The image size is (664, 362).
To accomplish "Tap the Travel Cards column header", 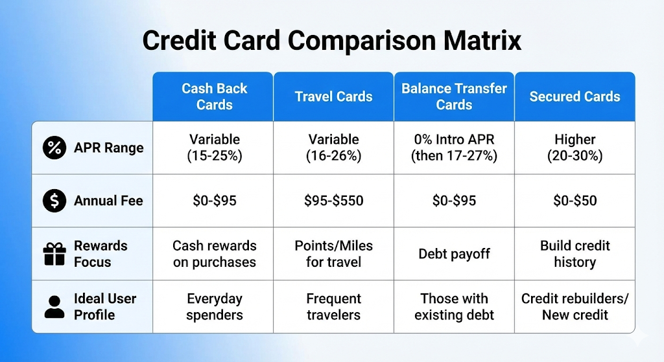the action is (x=334, y=96).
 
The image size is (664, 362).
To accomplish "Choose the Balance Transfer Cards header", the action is (x=454, y=96).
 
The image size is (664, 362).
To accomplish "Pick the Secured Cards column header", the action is (x=575, y=96).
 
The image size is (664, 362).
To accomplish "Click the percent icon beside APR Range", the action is (x=54, y=148).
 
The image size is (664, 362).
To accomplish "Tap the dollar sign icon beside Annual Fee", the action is (x=54, y=201).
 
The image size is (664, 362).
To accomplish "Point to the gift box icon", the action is (x=54, y=254).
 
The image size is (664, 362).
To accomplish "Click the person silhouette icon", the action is (x=54, y=307).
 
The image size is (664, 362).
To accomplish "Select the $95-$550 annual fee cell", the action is (x=334, y=201).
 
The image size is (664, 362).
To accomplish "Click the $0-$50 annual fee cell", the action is (x=575, y=201).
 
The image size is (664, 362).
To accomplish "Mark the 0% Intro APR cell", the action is (x=454, y=148).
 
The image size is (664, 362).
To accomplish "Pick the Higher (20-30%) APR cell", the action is (x=575, y=148).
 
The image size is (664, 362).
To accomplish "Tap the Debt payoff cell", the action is (x=454, y=254).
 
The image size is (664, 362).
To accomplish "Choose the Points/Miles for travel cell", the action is (x=334, y=254).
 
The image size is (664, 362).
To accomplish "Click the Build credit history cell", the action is (x=575, y=254).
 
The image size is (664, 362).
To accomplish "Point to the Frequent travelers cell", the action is (x=334, y=306).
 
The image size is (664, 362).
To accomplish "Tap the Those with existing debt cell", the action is (x=454, y=306).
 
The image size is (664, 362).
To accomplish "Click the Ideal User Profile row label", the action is (x=105, y=306).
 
